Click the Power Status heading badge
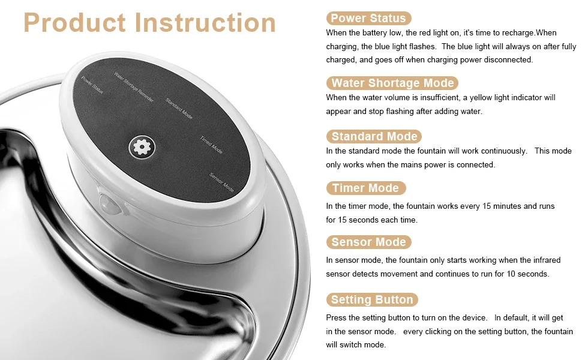tap(368, 18)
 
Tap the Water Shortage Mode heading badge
tap(392, 83)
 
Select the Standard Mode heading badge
tap(374, 136)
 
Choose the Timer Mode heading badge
tap(365, 188)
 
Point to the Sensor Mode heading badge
tap(368, 242)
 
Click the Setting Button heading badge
tap(372, 299)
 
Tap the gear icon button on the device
tap(142, 147)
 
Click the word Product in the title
tap(75, 23)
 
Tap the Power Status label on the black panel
tap(92, 85)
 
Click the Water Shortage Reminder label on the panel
tap(134, 87)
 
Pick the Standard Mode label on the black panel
tap(179, 109)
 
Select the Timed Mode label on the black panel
tap(211, 145)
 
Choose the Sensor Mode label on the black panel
tap(221, 182)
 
